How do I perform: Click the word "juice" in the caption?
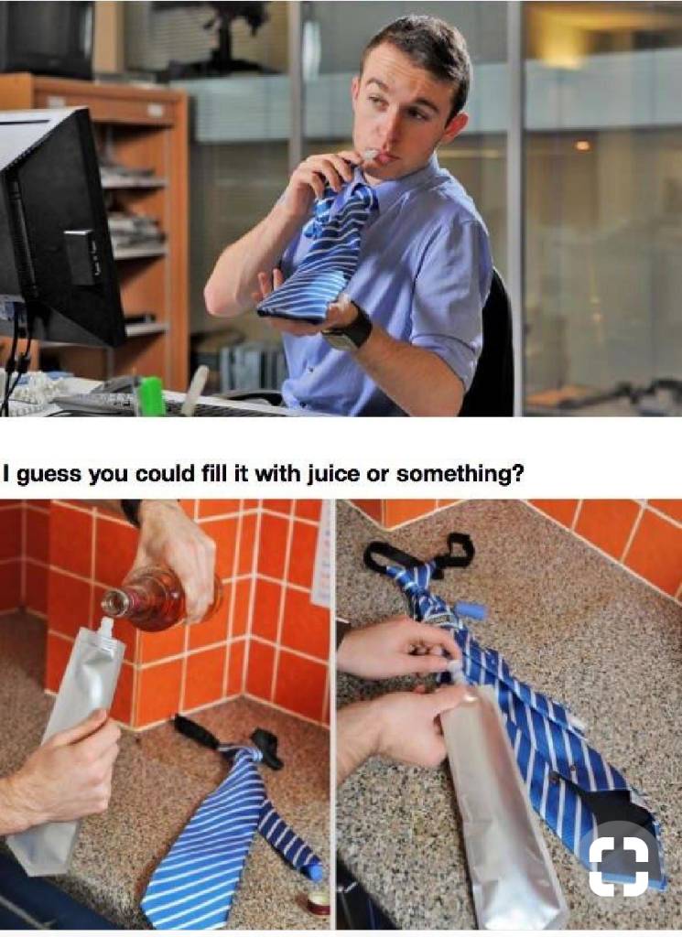[x=329, y=474]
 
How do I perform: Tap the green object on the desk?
[x=151, y=395]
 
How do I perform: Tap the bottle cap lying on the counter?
[x=313, y=901]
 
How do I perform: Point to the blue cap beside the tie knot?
[x=469, y=610]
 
